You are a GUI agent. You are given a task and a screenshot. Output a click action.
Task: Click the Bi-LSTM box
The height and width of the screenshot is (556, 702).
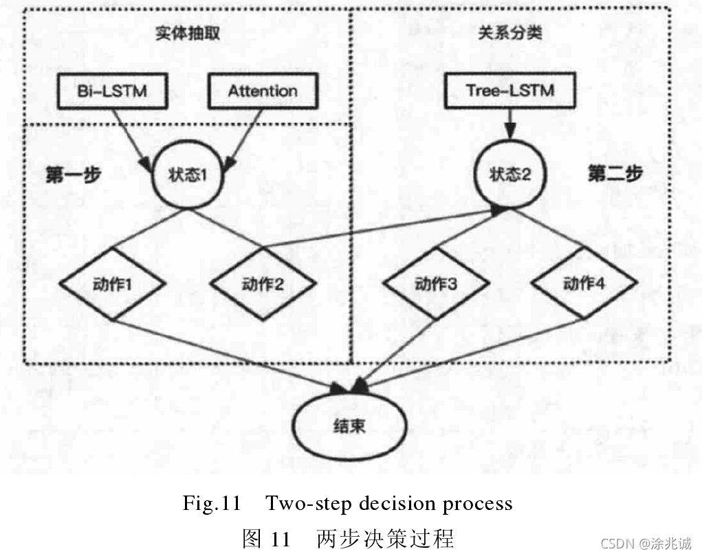click(111, 90)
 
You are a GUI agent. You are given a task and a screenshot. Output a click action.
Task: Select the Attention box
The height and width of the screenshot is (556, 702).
click(263, 90)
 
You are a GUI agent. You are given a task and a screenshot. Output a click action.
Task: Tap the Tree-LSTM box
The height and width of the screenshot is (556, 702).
click(509, 90)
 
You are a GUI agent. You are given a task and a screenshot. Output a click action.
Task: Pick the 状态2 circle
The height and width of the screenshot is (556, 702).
click(509, 175)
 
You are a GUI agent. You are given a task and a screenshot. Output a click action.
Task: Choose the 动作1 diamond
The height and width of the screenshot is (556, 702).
click(113, 282)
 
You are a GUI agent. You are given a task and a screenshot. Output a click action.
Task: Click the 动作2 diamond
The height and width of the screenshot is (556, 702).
click(263, 282)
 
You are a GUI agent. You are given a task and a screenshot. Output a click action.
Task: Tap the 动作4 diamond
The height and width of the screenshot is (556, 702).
click(584, 282)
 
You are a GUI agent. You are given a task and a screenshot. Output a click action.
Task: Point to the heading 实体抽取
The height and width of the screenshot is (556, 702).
click(187, 34)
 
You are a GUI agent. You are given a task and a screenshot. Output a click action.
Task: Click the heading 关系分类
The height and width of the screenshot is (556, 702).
click(509, 34)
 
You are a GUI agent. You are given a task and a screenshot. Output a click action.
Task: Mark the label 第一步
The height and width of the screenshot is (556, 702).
click(73, 175)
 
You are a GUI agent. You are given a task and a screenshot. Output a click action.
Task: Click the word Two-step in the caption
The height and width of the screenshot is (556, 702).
click(305, 504)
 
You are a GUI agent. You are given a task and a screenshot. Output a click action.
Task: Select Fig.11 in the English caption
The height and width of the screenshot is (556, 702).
click(210, 504)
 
